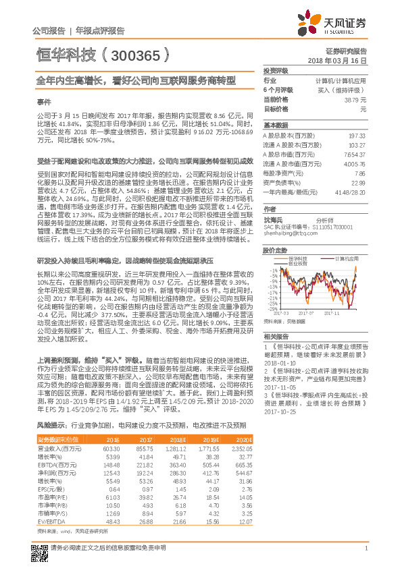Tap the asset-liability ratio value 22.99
tap(357, 183)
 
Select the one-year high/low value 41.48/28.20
tap(351, 192)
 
